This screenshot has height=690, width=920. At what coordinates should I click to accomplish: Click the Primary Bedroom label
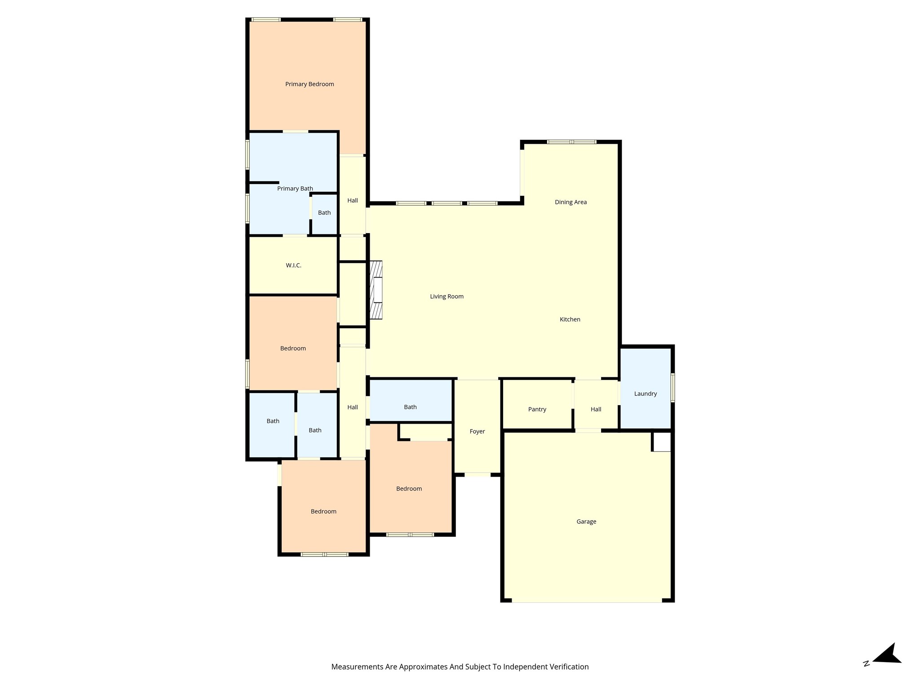pyautogui.click(x=310, y=84)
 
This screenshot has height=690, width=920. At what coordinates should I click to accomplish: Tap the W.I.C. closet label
pyautogui.click(x=293, y=265)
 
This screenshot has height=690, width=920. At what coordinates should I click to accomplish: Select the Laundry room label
pyautogui.click(x=646, y=394)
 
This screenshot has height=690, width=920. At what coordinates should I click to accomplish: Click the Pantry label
pyautogui.click(x=537, y=409)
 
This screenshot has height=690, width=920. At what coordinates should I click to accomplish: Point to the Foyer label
pyautogui.click(x=477, y=431)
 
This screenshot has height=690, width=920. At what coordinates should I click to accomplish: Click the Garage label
pyautogui.click(x=586, y=522)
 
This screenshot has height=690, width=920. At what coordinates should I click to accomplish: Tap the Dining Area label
pyautogui.click(x=571, y=202)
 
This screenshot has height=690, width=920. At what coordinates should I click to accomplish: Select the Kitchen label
pyautogui.click(x=570, y=319)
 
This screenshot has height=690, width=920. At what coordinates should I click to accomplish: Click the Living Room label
pyautogui.click(x=447, y=296)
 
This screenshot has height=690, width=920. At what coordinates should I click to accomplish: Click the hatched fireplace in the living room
pyautogui.click(x=376, y=290)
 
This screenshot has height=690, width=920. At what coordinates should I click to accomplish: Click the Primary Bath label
pyautogui.click(x=295, y=189)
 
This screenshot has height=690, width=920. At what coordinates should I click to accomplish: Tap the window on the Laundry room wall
pyautogui.click(x=672, y=387)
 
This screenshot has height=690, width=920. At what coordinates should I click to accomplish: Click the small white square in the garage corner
pyautogui.click(x=662, y=442)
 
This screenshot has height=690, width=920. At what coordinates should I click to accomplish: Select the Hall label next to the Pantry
pyautogui.click(x=596, y=409)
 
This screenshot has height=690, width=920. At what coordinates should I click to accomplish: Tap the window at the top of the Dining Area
pyautogui.click(x=571, y=142)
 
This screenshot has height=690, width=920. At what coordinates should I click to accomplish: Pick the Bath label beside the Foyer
pyautogui.click(x=410, y=407)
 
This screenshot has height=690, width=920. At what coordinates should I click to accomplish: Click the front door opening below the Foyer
pyautogui.click(x=478, y=474)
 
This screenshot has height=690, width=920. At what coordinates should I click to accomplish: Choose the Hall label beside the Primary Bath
pyautogui.click(x=353, y=200)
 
